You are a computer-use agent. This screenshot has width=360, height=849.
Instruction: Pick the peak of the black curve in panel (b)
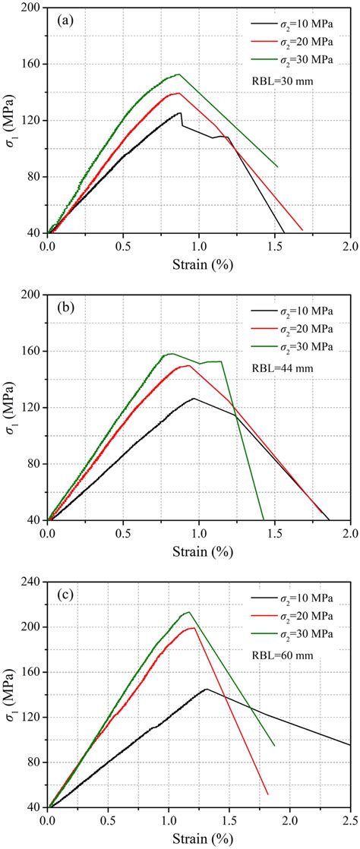click(194, 398)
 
